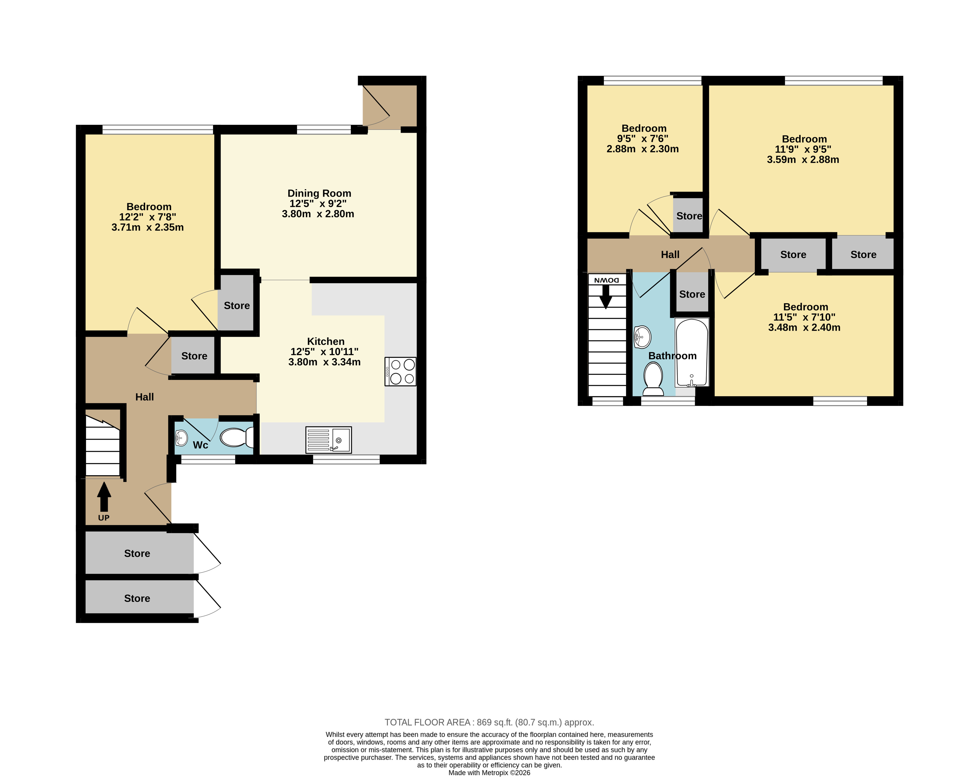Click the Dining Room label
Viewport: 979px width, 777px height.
point(319,193)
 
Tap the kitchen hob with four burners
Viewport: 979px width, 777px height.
point(400,372)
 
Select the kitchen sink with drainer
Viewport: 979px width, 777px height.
point(328,439)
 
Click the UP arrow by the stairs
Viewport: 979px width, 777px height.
point(104,497)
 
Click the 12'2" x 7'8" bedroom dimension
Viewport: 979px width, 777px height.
point(148,217)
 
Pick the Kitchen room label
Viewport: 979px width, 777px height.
point(325,341)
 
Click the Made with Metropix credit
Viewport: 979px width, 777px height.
point(489,773)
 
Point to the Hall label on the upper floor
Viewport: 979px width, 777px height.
point(670,255)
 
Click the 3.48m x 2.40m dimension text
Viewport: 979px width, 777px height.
point(804,328)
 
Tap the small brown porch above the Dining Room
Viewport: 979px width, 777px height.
point(390,105)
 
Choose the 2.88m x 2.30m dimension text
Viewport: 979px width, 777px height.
point(643,149)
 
